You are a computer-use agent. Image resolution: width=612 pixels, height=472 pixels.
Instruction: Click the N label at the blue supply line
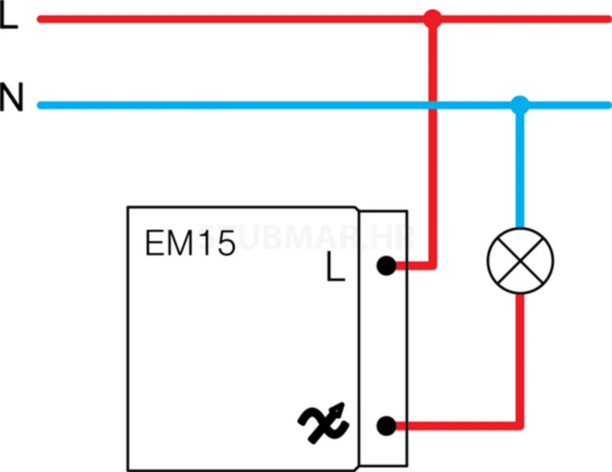click(11, 97)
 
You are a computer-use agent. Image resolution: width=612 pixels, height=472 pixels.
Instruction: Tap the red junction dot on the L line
click(433, 19)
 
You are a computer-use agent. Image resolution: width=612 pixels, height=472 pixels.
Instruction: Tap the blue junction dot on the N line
click(520, 105)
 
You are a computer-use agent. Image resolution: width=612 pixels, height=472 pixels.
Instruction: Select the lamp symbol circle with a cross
click(520, 261)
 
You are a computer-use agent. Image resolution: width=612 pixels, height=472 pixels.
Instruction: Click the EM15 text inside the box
click(190, 243)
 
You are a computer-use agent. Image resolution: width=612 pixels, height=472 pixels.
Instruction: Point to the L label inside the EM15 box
click(335, 267)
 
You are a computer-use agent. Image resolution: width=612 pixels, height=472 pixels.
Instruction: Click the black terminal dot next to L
click(386, 266)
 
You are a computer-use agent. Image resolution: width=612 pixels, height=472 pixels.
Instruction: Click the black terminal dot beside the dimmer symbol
click(386, 426)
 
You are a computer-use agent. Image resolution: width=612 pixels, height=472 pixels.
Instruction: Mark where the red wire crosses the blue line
click(433, 105)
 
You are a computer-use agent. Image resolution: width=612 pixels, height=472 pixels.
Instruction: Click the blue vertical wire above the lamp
click(520, 166)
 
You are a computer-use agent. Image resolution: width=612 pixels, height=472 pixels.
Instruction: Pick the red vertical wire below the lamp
click(520, 358)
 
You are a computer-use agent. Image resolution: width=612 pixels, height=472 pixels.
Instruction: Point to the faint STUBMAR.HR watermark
click(306, 238)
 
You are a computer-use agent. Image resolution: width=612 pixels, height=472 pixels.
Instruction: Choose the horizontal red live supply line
click(219, 19)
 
